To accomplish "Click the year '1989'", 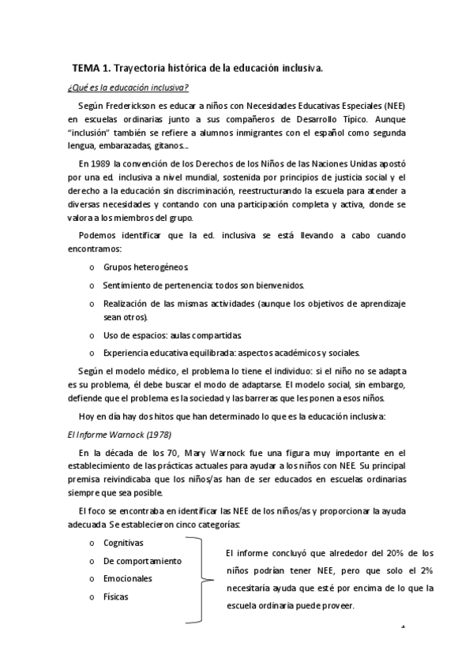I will tap(99, 163).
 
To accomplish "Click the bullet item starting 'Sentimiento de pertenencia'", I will tap(204, 284).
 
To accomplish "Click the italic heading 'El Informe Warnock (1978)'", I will tap(118, 435).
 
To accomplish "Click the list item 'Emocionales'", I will tap(127, 578).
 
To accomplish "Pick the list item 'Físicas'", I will tap(115, 596).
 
